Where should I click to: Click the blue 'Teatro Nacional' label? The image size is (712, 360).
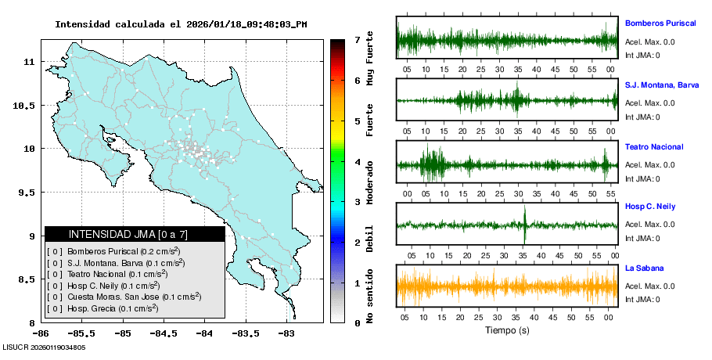pyautogui.click(x=653, y=147)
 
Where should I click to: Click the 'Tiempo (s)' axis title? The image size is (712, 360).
pyautogui.click(x=507, y=331)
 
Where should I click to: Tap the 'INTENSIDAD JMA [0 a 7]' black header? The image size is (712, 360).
pyautogui.click(x=135, y=234)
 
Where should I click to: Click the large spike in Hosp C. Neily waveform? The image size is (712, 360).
pyautogui.click(x=525, y=225)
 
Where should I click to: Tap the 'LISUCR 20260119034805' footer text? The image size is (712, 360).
pyautogui.click(x=44, y=347)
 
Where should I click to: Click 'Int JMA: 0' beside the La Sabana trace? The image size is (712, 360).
pyautogui.click(x=642, y=299)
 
